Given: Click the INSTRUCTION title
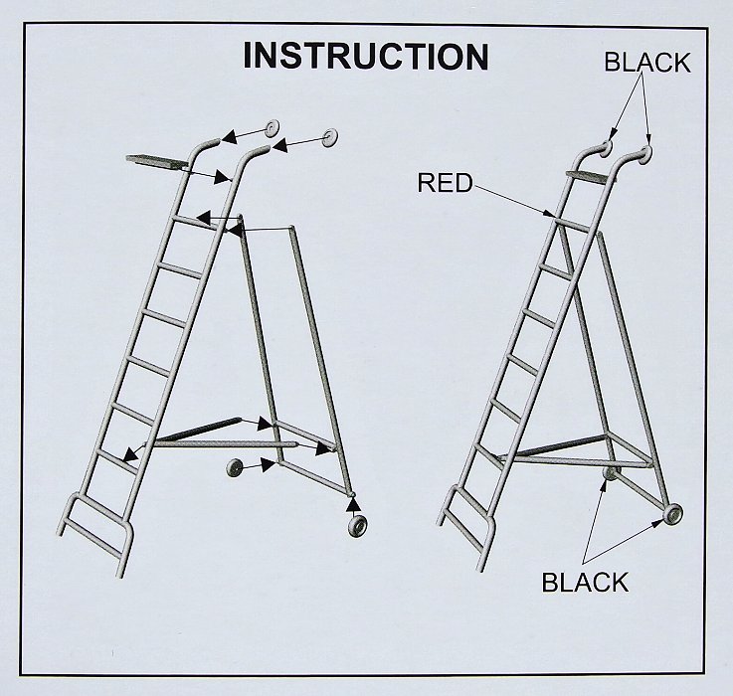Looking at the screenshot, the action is click(366, 56).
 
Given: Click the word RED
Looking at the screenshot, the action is click(445, 182).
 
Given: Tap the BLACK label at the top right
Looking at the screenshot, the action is click(647, 63).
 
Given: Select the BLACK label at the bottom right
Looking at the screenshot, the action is click(585, 583).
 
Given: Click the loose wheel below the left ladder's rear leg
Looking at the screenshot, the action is click(358, 525).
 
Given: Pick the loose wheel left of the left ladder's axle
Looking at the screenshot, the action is click(235, 468).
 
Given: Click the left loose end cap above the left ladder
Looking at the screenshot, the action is click(273, 128).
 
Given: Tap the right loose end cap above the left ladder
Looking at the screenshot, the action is click(329, 137).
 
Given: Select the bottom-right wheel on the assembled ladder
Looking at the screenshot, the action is click(672, 515).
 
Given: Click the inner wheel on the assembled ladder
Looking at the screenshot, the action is click(612, 473).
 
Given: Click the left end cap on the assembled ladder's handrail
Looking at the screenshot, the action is click(607, 147).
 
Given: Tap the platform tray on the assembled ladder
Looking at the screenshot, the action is click(591, 175).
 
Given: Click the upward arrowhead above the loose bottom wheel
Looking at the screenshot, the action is click(354, 504).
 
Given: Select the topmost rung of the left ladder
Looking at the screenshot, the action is click(196, 223).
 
